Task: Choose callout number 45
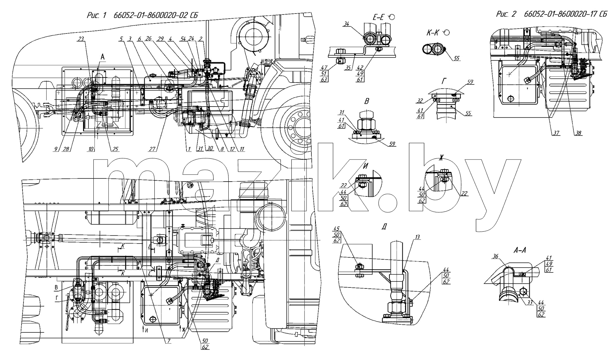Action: [x=337, y=229]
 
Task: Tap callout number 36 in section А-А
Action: [x=495, y=256]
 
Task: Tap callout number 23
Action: [x=81, y=40]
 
